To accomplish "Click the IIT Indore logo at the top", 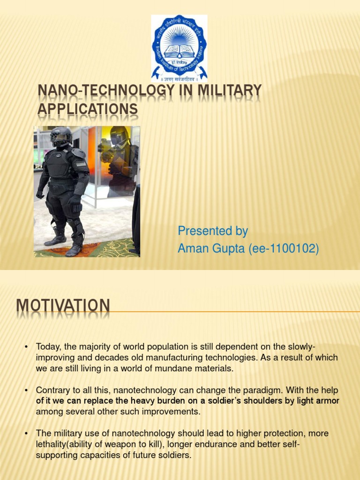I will (x=179, y=48).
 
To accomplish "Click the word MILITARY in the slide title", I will (x=229, y=91).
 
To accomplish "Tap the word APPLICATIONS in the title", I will (x=87, y=109).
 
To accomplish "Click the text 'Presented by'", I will (x=212, y=232).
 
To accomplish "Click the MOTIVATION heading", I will (x=63, y=307).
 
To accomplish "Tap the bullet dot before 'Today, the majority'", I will (x=26, y=347).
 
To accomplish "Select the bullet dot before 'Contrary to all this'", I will (x=26, y=390).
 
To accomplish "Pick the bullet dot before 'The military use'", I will (x=26, y=434).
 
